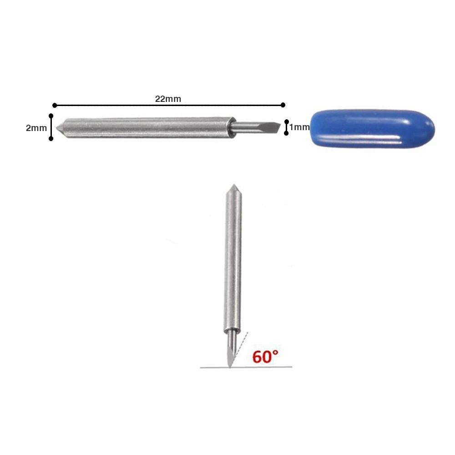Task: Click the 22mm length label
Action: [168, 99]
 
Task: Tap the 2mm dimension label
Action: [36, 128]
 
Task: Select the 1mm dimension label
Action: [299, 127]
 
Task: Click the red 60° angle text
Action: [265, 357]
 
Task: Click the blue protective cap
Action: [372, 129]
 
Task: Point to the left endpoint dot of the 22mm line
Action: [55, 105]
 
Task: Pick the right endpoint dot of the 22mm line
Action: [283, 105]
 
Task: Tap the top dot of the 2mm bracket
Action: [51, 116]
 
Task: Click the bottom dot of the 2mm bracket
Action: [51, 139]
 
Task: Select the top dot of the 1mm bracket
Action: [286, 121]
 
